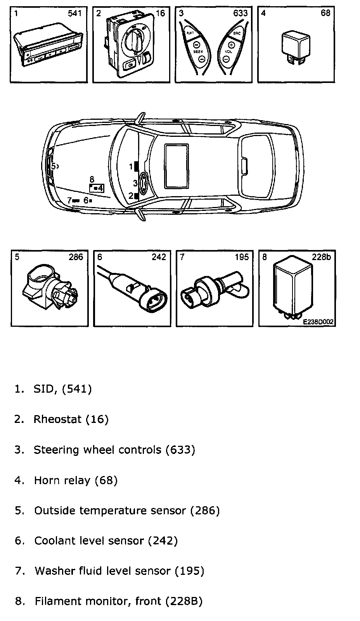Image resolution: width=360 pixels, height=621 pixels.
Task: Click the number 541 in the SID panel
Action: pyautogui.click(x=75, y=14)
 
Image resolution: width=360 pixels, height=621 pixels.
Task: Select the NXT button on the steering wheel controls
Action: pyautogui.click(x=190, y=33)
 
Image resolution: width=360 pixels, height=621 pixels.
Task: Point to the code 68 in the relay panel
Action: pyautogui.click(x=325, y=13)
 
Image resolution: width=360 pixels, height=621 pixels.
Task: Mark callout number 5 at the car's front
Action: pyautogui.click(x=54, y=166)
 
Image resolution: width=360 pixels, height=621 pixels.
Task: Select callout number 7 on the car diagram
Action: pyautogui.click(x=69, y=200)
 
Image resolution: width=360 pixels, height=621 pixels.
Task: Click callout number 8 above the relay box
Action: pyautogui.click(x=92, y=179)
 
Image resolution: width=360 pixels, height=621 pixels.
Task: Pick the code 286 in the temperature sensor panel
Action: pyautogui.click(x=76, y=257)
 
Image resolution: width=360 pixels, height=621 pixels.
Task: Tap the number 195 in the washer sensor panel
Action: pyautogui.click(x=241, y=257)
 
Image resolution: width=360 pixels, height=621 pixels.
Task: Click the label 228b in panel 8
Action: pyautogui.click(x=321, y=257)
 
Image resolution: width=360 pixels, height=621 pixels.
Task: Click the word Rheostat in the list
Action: pyautogui.click(x=57, y=419)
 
